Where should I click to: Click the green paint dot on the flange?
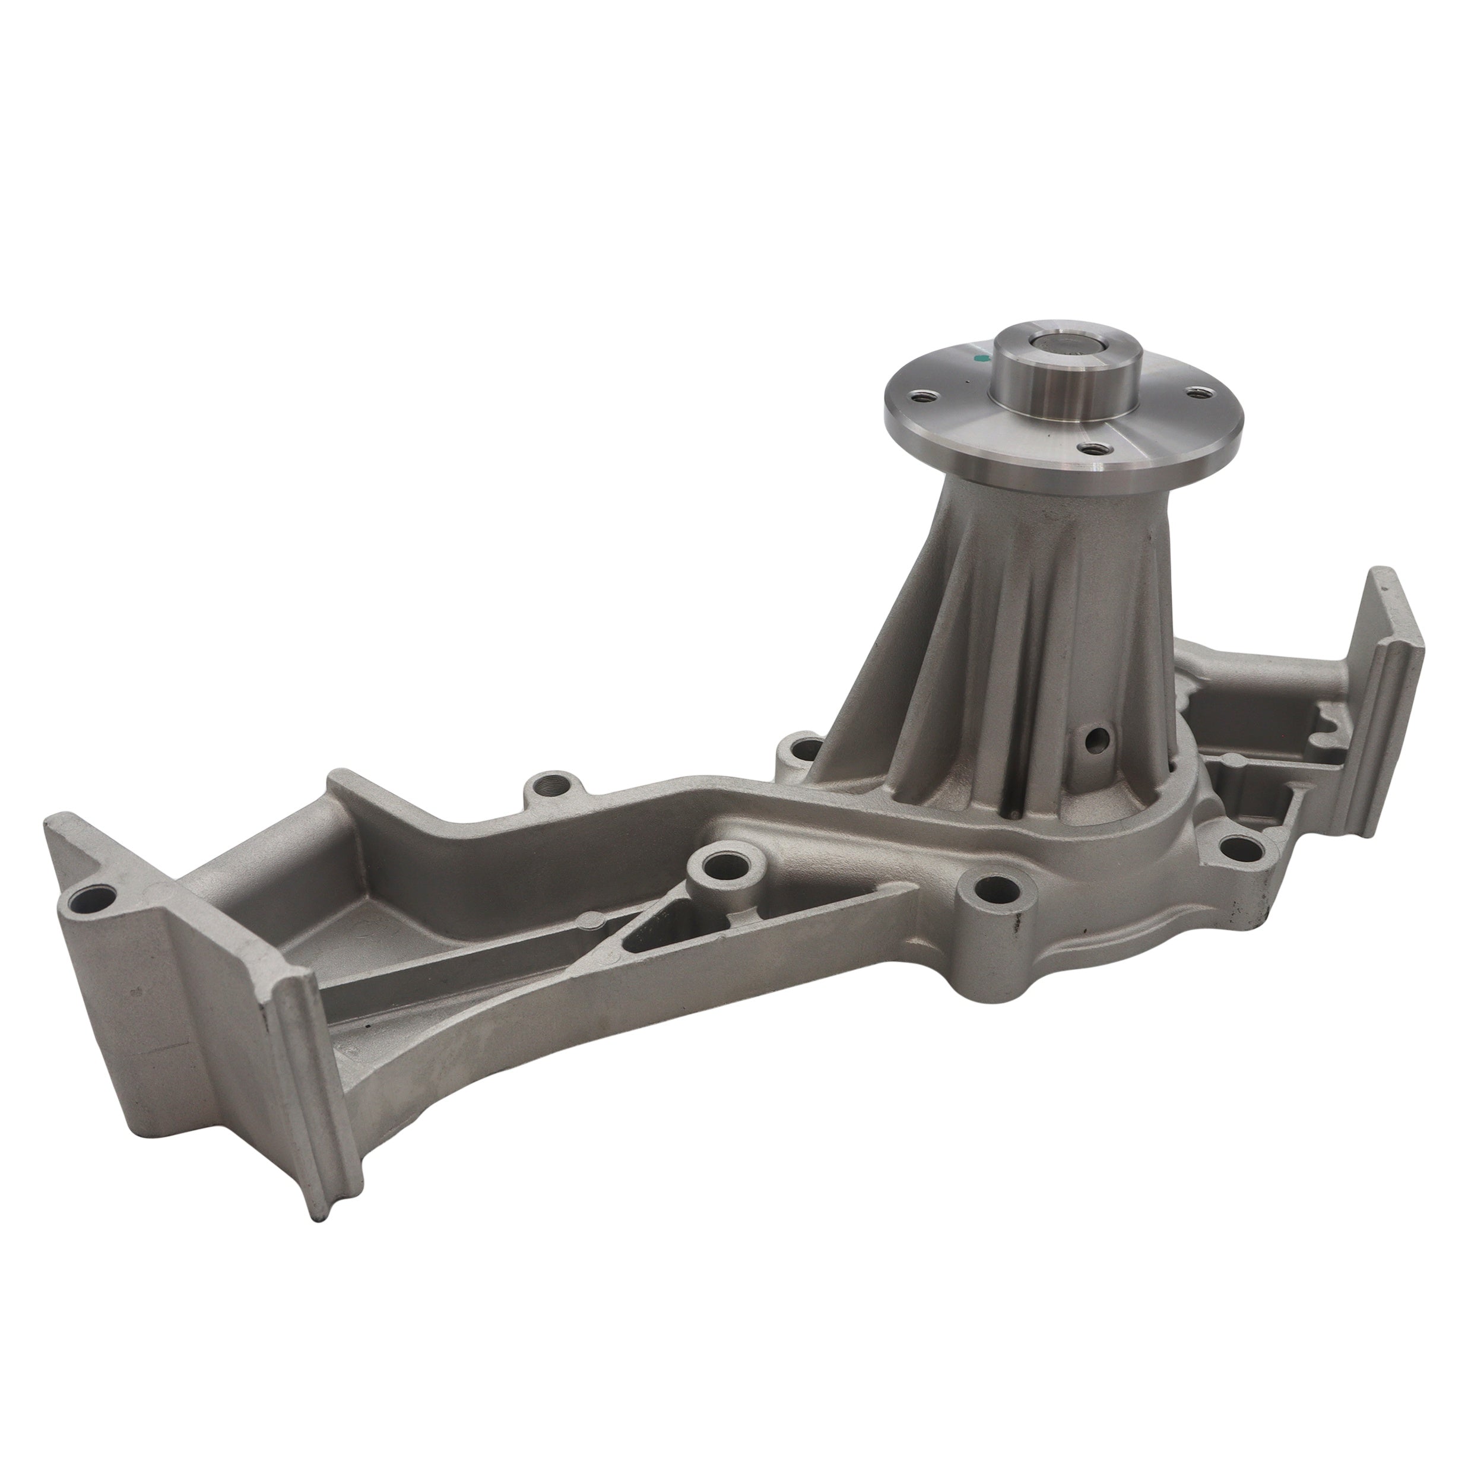point(979,358)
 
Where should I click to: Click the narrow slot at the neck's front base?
point(1016,799)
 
